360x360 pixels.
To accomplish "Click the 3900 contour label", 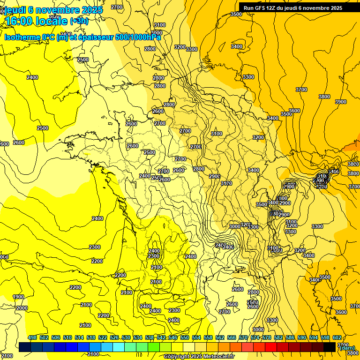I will pos(340,102).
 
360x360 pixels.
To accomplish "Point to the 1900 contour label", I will pos(18,297).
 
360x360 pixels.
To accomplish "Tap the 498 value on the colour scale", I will pos(32,337).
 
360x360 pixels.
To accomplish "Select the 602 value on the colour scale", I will pos(337,337).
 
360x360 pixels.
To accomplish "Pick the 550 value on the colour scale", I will pos(185,337).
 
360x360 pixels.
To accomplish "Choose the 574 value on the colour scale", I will pos(255,337).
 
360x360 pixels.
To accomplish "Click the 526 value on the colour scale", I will pos(114,337).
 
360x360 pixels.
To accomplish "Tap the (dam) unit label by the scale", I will pos(347,348).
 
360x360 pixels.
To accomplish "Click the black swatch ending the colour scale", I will pos(330,347).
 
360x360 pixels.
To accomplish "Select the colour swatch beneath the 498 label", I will pos(25,347).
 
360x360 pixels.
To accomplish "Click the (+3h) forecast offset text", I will pos(78,21).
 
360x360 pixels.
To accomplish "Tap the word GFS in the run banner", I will pos(259,8).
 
